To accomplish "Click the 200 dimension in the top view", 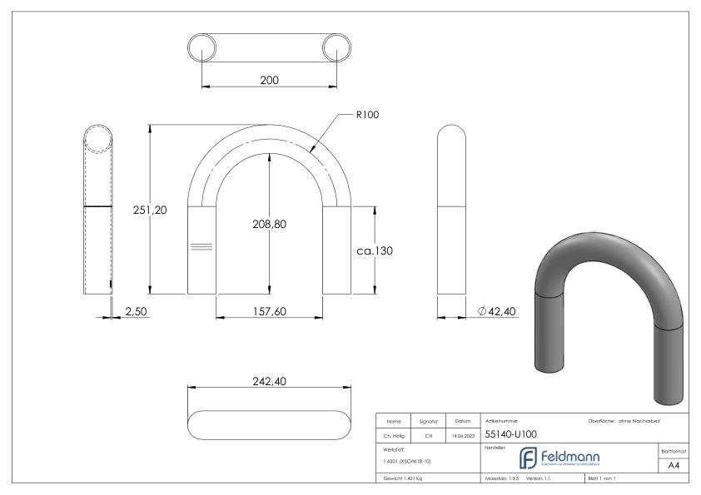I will [268, 81].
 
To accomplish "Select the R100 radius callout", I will [367, 115].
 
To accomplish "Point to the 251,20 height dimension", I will [151, 210].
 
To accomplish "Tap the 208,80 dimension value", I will [269, 224].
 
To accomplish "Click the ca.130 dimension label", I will [375, 250].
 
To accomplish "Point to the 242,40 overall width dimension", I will [268, 381].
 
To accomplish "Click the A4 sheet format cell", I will [675, 467].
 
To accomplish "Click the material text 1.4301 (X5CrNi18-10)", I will [407, 461].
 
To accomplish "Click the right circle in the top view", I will [336, 47].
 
